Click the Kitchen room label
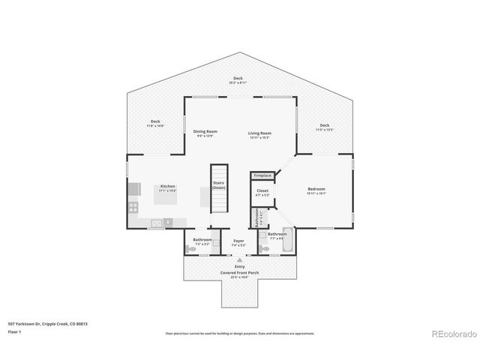point(167,187)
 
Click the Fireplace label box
point(262,175)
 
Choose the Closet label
point(262,193)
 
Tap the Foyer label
point(238,242)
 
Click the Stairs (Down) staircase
point(218,187)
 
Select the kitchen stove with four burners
point(133,208)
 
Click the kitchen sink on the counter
point(157,223)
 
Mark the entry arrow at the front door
point(239,260)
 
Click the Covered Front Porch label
point(239,274)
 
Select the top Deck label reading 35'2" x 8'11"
point(238,79)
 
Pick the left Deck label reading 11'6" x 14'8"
point(155,123)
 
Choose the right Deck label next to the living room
point(324,127)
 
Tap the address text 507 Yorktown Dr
point(37,323)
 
